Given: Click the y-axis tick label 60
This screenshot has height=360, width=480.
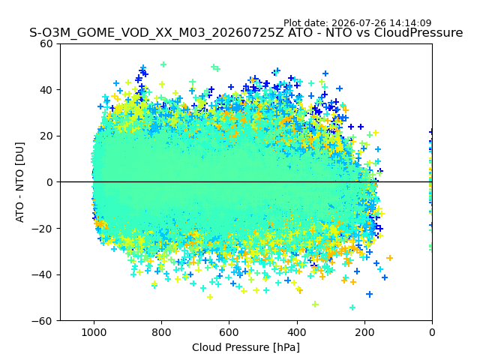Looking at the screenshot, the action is click(46, 43).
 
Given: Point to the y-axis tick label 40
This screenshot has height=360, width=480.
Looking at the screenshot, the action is click(46, 90).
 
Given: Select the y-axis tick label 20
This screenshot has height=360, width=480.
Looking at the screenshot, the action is click(46, 136).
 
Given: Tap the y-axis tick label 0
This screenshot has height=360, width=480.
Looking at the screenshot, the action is click(49, 182).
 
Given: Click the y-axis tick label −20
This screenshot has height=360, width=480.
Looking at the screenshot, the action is click(42, 229).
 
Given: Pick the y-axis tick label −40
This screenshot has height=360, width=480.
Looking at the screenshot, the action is click(42, 275).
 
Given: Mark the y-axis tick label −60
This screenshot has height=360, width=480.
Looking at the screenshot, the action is click(42, 321).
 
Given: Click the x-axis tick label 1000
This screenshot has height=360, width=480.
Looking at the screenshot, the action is click(94, 332).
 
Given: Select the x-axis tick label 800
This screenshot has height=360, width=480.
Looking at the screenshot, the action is click(162, 332).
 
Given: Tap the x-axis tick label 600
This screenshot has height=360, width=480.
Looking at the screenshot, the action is click(229, 332).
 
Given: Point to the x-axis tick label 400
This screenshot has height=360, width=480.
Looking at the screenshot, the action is click(297, 332).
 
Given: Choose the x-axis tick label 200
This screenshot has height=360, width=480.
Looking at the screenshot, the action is click(364, 332).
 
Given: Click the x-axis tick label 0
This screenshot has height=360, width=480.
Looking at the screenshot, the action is click(432, 332).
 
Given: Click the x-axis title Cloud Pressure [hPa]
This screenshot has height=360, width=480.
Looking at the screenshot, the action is click(246, 348).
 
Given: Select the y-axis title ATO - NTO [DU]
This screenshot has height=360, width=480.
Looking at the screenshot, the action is click(19, 182).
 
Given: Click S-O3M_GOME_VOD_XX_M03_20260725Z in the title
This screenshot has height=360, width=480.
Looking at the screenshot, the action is click(157, 33).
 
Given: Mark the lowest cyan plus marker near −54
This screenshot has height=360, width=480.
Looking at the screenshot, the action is click(352, 307).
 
